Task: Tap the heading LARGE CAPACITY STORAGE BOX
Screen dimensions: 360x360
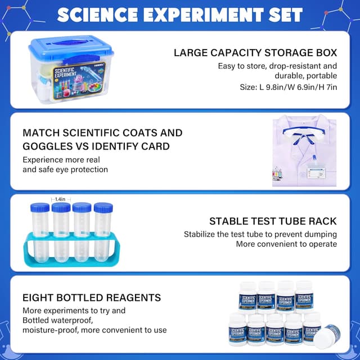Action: [255, 53]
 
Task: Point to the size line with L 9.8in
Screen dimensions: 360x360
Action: [289, 87]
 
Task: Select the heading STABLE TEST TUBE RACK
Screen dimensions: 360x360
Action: [273, 221]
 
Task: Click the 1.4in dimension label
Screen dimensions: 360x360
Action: [61, 199]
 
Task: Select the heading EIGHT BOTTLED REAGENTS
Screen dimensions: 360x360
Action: [92, 298]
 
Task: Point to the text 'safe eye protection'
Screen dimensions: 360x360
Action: [65, 169]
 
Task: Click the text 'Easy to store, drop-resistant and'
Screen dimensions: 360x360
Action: [277, 66]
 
